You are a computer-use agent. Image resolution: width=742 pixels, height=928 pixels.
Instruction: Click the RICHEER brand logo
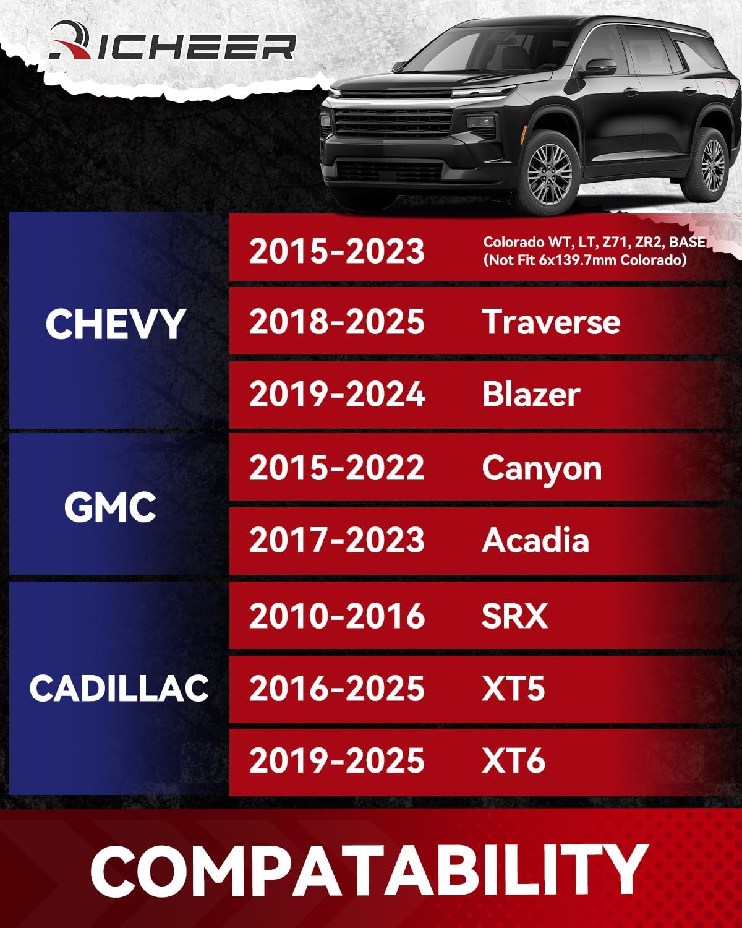tap(173, 43)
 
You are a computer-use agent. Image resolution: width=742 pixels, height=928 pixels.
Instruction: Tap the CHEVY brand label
tap(116, 324)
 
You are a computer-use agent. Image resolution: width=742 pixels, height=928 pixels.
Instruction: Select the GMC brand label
tap(110, 507)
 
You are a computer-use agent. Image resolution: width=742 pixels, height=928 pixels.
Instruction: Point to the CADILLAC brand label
tap(119, 688)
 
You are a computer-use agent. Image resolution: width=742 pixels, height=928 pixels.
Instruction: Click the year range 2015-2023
tap(337, 251)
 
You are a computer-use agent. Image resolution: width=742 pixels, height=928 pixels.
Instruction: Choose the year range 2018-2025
tap(337, 322)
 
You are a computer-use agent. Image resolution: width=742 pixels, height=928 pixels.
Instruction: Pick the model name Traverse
tap(551, 322)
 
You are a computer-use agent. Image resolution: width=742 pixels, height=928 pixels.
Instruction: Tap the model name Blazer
tap(531, 395)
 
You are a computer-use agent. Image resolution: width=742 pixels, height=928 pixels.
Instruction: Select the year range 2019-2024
tap(337, 395)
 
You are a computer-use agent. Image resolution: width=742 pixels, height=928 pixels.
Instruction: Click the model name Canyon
tap(542, 468)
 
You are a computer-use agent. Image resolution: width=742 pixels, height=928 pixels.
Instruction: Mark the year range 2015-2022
tap(337, 468)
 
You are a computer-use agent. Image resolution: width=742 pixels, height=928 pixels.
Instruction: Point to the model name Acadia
tap(535, 540)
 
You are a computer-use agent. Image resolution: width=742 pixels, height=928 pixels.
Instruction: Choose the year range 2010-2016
tap(337, 616)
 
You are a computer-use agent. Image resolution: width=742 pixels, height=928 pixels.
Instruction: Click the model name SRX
tap(514, 616)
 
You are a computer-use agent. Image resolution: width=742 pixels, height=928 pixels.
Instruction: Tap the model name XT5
tap(513, 689)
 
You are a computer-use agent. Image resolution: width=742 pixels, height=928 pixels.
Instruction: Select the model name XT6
tap(513, 760)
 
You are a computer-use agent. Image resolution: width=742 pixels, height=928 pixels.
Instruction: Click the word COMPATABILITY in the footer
tap(369, 869)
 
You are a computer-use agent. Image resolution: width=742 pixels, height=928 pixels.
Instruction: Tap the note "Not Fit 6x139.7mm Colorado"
tap(585, 260)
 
